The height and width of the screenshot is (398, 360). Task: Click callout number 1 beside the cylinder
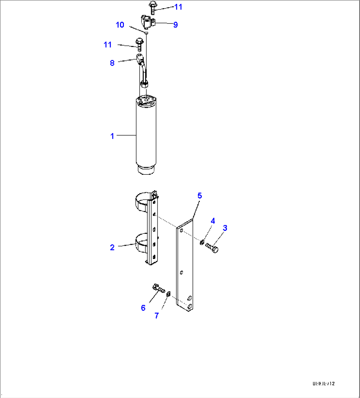[x=112, y=136]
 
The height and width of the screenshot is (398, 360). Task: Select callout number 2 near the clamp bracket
[x=112, y=247]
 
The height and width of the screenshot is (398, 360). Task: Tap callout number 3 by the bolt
[x=225, y=228]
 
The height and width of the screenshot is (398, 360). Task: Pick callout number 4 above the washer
[x=213, y=221]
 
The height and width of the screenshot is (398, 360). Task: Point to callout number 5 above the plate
[x=199, y=196]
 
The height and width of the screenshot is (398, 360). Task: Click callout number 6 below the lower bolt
[x=143, y=308]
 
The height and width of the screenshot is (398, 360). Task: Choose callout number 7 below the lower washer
[x=157, y=315]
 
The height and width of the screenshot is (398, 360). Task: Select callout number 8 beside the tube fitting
[x=112, y=63]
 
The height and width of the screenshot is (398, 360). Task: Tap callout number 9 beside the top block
[x=175, y=25]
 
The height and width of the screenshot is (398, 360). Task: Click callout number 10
[x=120, y=25]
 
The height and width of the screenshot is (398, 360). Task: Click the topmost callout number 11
[x=178, y=7]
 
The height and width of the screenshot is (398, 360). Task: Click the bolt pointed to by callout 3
[x=212, y=248]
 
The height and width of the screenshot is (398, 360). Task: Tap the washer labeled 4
[x=201, y=243]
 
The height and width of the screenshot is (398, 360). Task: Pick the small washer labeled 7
[x=168, y=294]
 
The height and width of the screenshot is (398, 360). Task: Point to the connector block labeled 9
[x=147, y=22]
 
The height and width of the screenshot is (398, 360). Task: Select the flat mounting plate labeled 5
[x=185, y=264]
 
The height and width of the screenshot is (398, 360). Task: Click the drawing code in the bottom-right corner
[x=324, y=383]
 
